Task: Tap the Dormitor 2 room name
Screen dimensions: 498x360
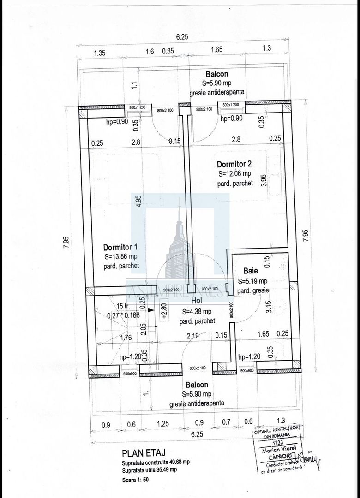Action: click(x=234, y=164)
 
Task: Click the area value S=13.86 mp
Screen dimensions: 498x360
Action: click(x=120, y=256)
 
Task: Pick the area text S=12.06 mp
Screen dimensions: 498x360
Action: click(x=234, y=174)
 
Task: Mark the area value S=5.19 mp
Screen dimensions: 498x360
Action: click(x=252, y=281)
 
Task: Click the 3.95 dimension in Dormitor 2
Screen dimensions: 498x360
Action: click(x=263, y=180)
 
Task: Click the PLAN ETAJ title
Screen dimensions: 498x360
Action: click(x=144, y=453)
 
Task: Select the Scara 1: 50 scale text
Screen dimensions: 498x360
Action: click(x=136, y=479)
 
